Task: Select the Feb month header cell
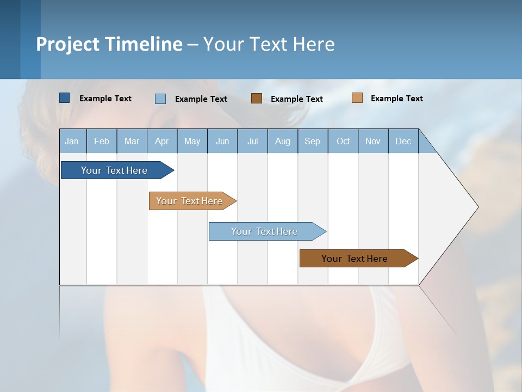(x=102, y=141)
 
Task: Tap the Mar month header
(x=132, y=141)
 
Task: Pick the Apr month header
(x=162, y=141)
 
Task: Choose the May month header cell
(x=192, y=141)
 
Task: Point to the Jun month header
(x=222, y=141)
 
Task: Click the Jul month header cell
(x=252, y=141)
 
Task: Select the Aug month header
(x=283, y=141)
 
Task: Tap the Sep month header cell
(x=313, y=141)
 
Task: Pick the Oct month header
(x=343, y=141)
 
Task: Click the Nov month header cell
(x=373, y=141)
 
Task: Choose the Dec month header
(x=403, y=141)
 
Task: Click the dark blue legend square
(x=65, y=98)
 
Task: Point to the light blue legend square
(x=160, y=99)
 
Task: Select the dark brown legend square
(x=257, y=98)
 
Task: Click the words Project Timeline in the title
(x=109, y=44)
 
